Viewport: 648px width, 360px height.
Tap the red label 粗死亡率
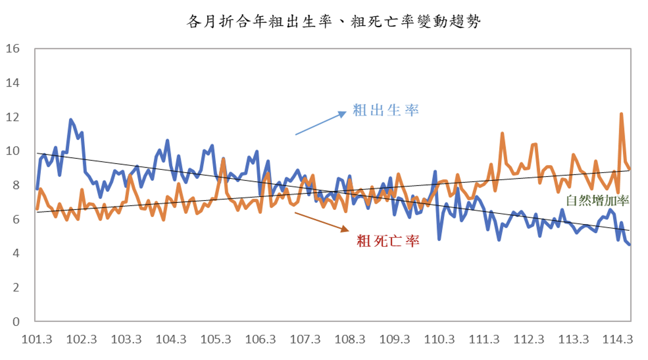388,241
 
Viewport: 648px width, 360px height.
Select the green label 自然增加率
597,201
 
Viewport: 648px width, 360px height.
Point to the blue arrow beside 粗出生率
321,123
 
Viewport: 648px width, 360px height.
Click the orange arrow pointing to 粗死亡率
321,221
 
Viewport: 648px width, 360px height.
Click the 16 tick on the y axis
13,49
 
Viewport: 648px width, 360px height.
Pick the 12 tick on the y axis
13,117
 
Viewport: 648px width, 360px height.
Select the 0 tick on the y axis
15,321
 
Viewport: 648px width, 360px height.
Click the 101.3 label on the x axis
37,340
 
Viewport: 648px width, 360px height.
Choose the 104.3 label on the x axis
171,340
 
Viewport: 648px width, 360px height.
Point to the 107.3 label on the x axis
306,340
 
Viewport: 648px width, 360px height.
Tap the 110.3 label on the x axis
440,340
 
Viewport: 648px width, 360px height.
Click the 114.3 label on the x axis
619,340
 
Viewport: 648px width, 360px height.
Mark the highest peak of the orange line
621,114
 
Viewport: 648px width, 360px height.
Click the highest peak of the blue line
71,120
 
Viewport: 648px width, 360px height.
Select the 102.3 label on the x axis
82,340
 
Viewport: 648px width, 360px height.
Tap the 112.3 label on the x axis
529,340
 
